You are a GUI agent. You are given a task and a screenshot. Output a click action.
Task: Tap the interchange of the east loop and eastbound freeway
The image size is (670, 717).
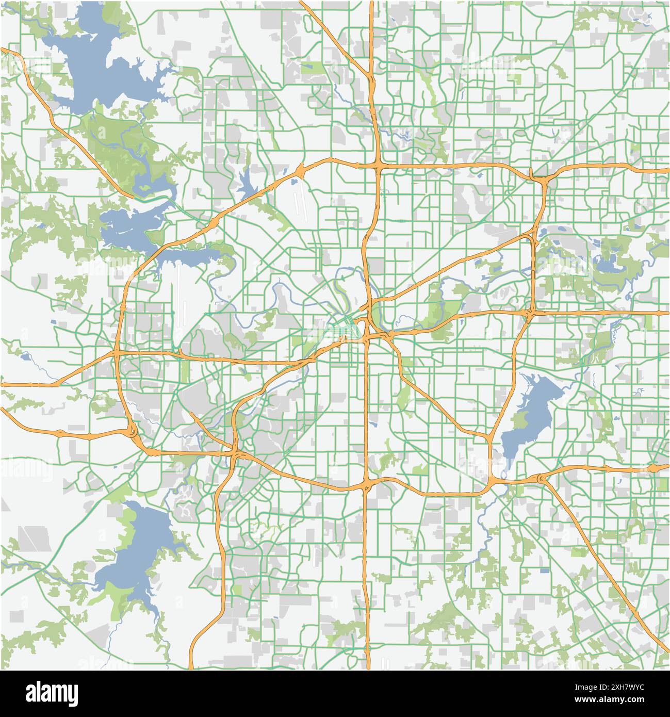pyautogui.click(x=531, y=312)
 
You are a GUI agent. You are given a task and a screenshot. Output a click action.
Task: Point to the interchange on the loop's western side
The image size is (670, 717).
pyautogui.click(x=118, y=353)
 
